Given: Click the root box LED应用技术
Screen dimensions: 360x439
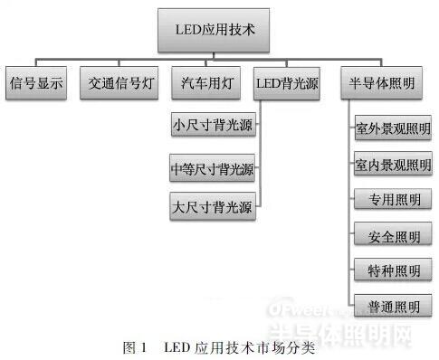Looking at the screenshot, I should (215, 29).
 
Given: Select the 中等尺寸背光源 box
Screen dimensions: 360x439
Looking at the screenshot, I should (213, 168).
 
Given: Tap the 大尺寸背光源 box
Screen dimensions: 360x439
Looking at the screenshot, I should (213, 207).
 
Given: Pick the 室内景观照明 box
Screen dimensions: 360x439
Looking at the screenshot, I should (393, 165).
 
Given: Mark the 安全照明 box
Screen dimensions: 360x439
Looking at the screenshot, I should (393, 237).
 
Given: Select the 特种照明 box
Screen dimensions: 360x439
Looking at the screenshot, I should (393, 271).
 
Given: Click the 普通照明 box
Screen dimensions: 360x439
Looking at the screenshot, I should (393, 307).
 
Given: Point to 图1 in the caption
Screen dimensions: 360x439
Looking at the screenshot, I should (133, 346).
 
